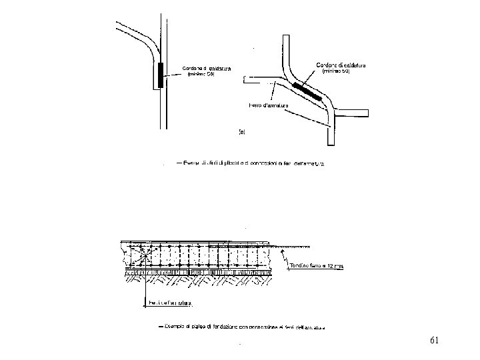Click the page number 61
pos(434,341)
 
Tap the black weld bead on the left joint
pos(161,75)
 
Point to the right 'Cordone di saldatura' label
pos(341,64)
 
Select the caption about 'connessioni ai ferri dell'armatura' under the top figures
pos(259,163)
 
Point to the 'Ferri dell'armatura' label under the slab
pos(168,304)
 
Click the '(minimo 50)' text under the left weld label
pos(201,74)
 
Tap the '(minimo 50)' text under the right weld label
pos(336,71)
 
